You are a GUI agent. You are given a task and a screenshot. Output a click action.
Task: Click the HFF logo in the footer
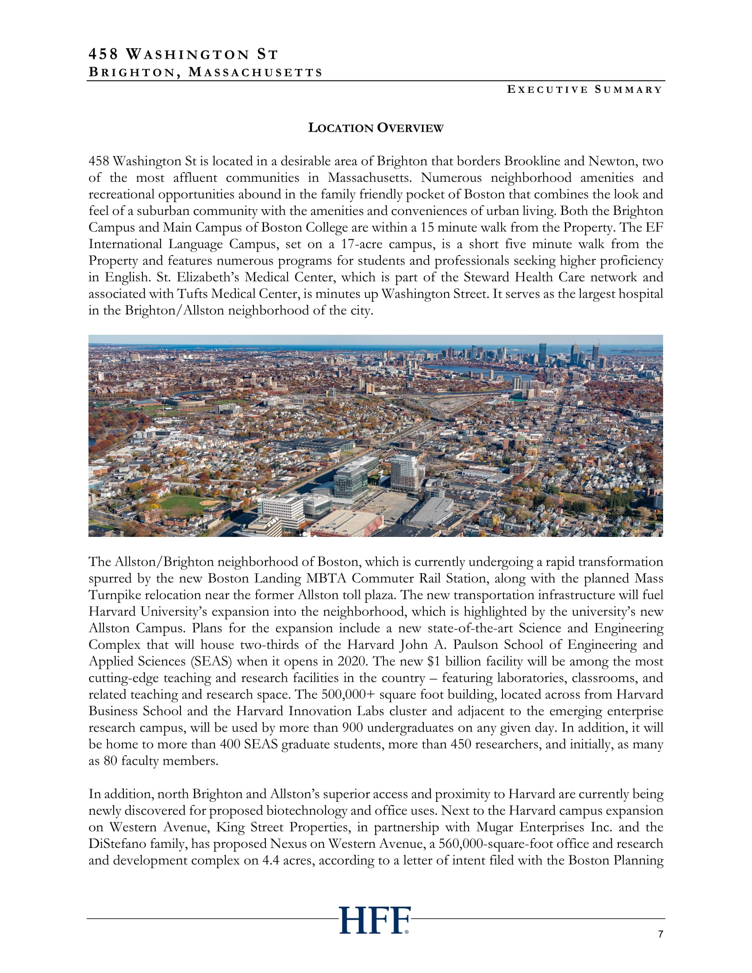[x=375, y=920]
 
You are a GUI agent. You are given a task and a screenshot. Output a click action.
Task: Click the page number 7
[x=660, y=934]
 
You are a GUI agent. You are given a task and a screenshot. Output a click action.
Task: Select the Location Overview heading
[x=376, y=128]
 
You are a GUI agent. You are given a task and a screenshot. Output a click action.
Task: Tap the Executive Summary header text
[x=584, y=89]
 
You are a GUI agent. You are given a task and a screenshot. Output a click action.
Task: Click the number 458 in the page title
[x=104, y=54]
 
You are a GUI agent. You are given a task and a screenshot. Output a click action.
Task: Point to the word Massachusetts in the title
[x=255, y=72]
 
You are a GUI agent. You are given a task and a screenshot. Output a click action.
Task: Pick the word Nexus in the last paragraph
[x=290, y=844]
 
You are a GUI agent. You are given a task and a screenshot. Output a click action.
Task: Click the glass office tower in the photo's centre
[x=350, y=481]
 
